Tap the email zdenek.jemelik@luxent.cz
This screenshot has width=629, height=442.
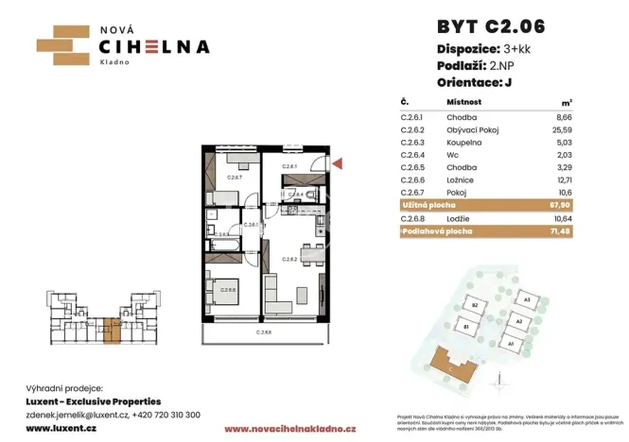click(81, 414)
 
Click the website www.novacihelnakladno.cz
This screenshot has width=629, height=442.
click(284, 429)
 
